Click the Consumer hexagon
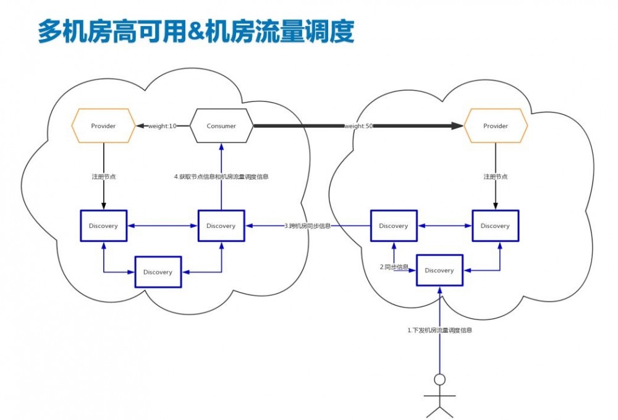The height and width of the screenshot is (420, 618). (221, 126)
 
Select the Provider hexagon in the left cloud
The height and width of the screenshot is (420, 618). (103, 126)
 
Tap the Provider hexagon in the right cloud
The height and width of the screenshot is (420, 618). (495, 126)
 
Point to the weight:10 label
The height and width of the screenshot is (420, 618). (162, 126)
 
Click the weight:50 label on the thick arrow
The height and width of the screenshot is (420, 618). (358, 126)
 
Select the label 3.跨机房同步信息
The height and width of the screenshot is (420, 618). (307, 226)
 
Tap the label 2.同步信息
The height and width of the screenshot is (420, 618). (394, 267)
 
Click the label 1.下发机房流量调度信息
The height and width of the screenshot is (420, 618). (439, 330)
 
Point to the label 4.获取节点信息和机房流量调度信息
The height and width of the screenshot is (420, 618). (221, 177)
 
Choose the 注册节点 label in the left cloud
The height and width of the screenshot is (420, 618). (104, 177)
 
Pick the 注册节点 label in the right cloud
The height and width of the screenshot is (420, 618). (495, 177)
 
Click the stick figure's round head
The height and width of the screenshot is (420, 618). (439, 379)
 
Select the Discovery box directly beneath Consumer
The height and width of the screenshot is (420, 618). (221, 226)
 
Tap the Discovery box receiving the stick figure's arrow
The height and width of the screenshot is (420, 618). (439, 271)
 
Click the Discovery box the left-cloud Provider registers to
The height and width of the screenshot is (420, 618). (103, 226)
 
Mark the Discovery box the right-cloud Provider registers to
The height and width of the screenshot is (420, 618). (495, 226)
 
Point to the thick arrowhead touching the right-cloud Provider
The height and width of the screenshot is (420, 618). (457, 126)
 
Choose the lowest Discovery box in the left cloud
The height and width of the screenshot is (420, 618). (158, 272)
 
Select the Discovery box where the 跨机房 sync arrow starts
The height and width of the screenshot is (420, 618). (394, 226)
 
